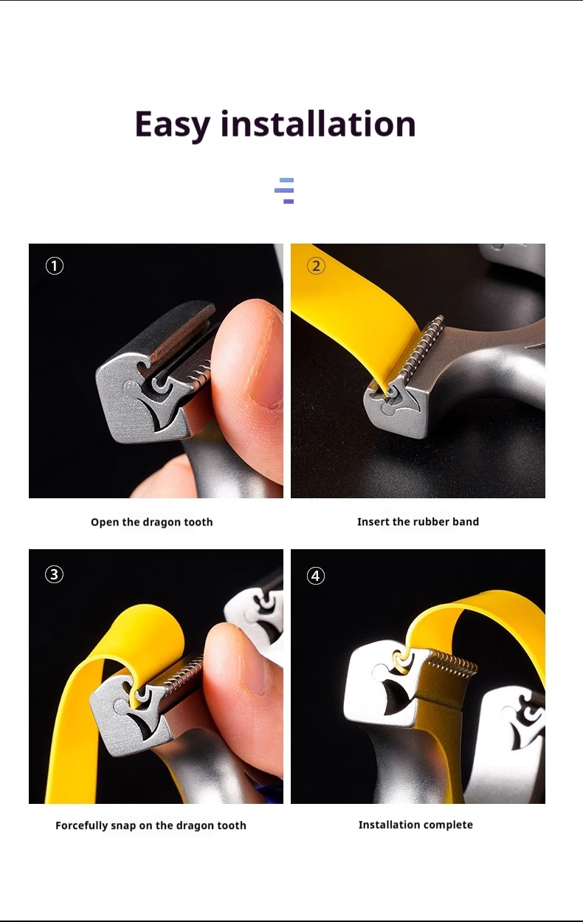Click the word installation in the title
click(x=318, y=123)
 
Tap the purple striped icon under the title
click(x=284, y=190)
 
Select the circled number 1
click(x=55, y=266)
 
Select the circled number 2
click(x=316, y=266)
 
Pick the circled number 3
click(x=55, y=574)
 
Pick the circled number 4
click(x=316, y=576)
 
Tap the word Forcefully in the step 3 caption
click(x=81, y=826)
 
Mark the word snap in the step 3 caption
click(x=123, y=826)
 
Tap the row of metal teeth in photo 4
click(x=452, y=663)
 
